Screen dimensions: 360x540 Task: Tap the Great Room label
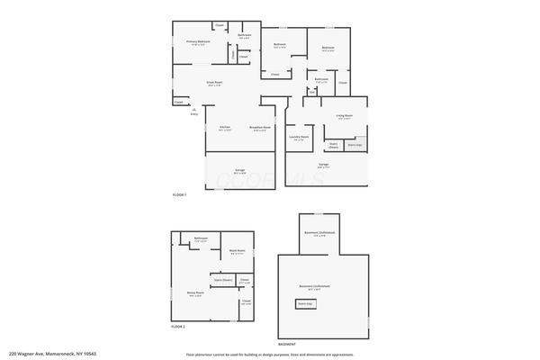215,82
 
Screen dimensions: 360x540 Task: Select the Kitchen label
224,127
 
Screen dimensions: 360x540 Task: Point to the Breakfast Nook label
261,127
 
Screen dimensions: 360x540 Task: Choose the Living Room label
345,115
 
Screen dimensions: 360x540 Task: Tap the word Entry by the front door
194,114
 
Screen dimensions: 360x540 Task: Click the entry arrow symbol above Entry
194,108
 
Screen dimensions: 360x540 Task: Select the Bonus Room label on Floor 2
195,292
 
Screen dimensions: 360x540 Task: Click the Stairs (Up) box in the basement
307,304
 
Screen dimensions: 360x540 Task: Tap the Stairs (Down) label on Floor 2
222,280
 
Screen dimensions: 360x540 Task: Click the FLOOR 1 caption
179,194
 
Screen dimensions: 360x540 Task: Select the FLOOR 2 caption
178,327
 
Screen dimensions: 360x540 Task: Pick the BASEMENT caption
287,345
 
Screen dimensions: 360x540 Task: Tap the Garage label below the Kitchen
240,170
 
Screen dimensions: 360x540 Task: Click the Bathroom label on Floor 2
201,238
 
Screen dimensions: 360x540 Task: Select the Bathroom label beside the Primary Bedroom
244,35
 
